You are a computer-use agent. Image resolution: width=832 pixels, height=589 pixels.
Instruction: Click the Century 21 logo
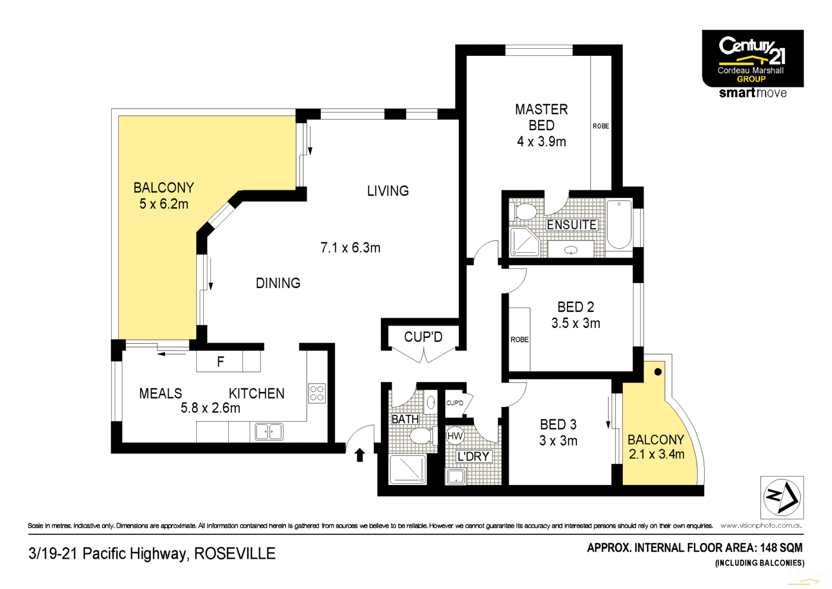[x=752, y=58]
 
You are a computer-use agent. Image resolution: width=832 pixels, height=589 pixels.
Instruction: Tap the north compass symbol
[x=781, y=497]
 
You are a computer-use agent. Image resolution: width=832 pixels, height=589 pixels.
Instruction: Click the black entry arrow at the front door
[x=360, y=455]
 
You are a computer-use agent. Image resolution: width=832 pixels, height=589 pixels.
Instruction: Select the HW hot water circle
[x=455, y=436]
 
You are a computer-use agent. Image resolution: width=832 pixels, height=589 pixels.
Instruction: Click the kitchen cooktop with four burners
[x=317, y=393]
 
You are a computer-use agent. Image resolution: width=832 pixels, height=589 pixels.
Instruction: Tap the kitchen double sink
[x=269, y=431]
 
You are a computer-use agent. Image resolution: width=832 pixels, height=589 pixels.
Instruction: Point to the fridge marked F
[x=220, y=362]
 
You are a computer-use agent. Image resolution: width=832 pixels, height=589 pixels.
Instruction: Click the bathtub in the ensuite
[x=619, y=224]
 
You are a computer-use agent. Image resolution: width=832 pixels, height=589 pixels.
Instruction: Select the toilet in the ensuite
[x=525, y=211]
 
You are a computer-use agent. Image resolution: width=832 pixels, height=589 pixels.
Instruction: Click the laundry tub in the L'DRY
[x=456, y=476]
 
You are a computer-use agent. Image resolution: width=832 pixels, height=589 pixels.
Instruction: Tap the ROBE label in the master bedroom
[x=601, y=126]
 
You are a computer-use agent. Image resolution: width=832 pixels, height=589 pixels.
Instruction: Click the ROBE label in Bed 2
[x=519, y=340]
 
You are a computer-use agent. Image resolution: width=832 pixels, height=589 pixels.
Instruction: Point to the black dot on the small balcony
[x=658, y=372]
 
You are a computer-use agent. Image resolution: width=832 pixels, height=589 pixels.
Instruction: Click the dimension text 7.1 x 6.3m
[x=350, y=247]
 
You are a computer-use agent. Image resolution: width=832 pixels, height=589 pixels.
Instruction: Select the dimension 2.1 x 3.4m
[x=657, y=455]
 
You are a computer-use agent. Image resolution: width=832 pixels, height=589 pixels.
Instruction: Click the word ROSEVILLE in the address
[x=235, y=553]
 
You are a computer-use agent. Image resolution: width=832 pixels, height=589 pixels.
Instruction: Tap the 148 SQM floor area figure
[x=781, y=547]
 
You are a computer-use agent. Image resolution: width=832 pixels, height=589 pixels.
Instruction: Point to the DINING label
[x=278, y=283]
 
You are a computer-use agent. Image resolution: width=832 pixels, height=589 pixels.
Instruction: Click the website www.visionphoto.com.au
[x=761, y=525]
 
